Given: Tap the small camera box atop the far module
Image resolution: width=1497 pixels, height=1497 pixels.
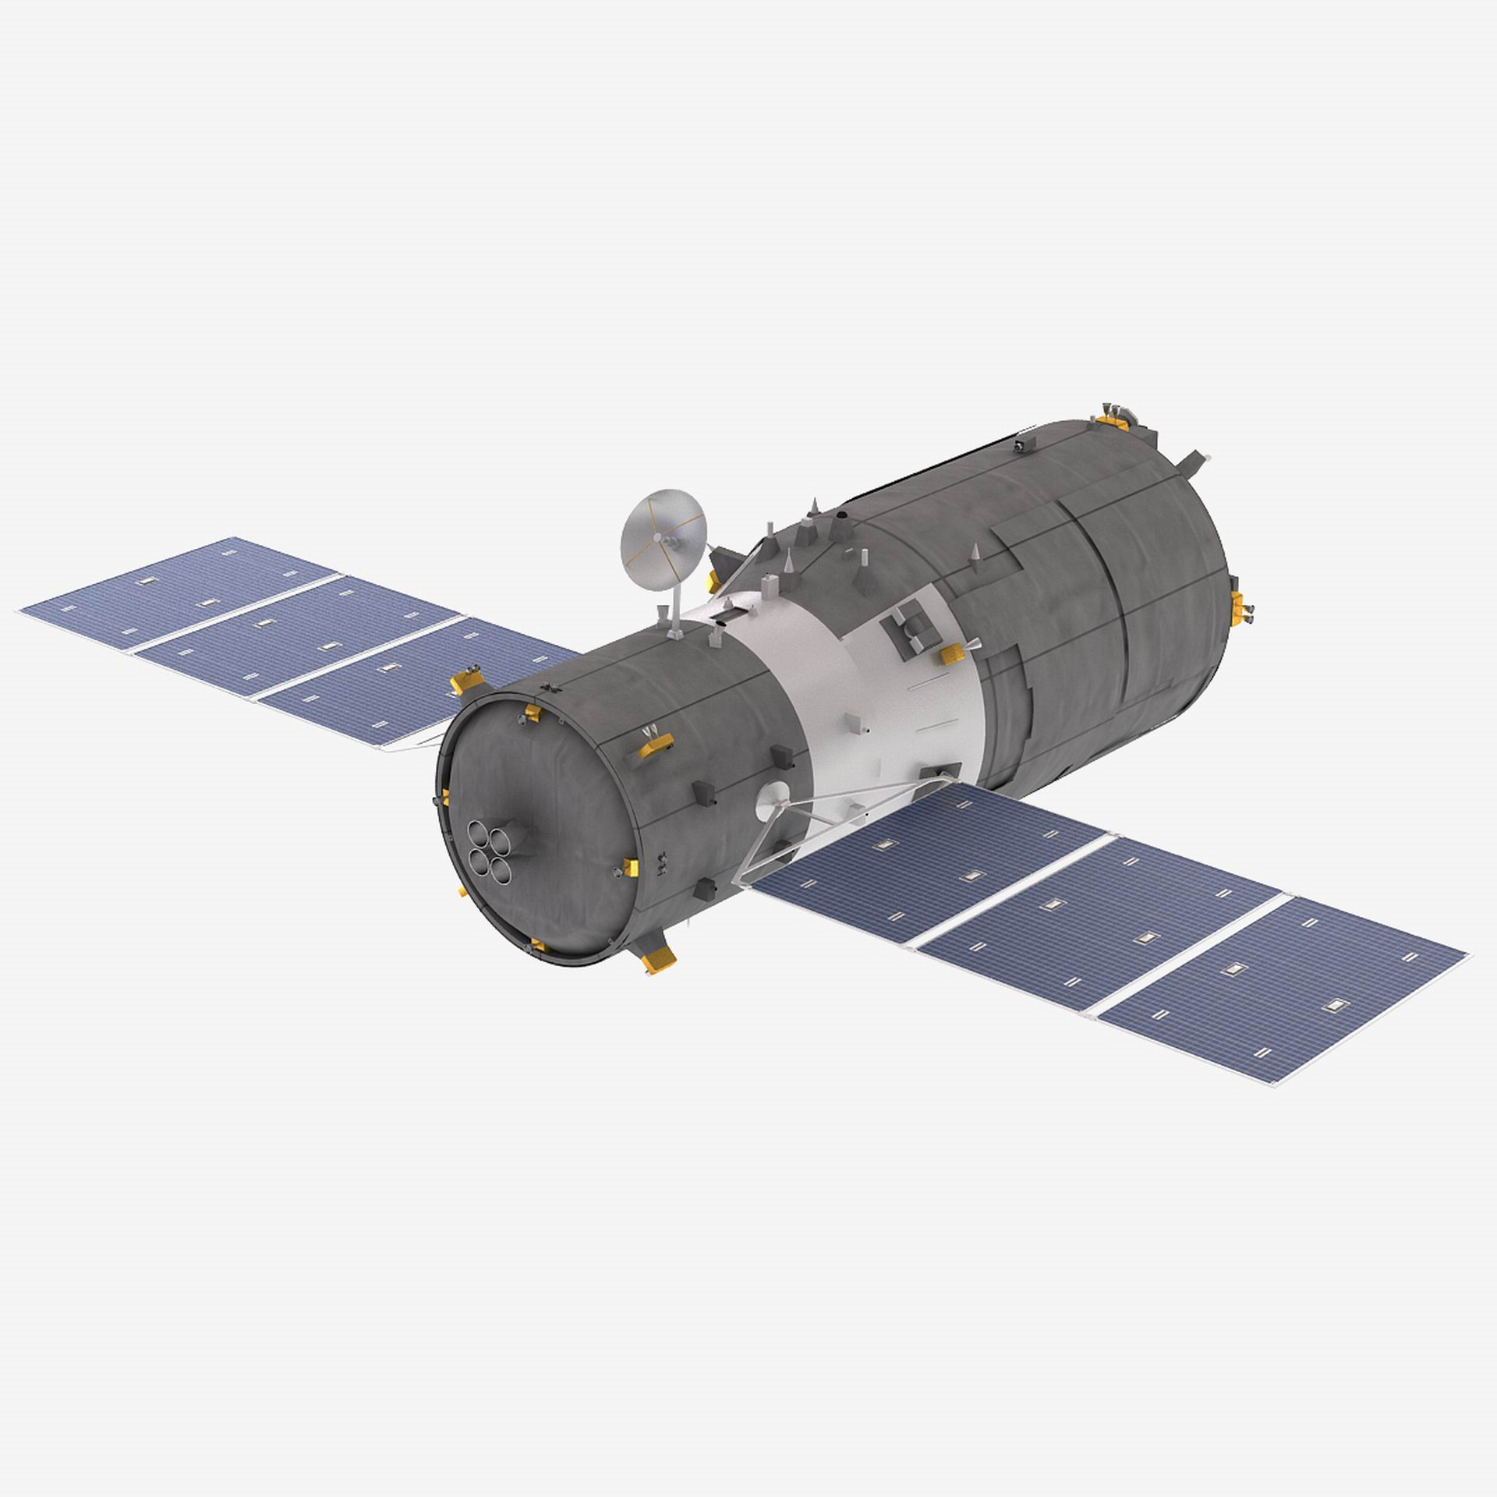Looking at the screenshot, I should tap(1021, 444).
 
